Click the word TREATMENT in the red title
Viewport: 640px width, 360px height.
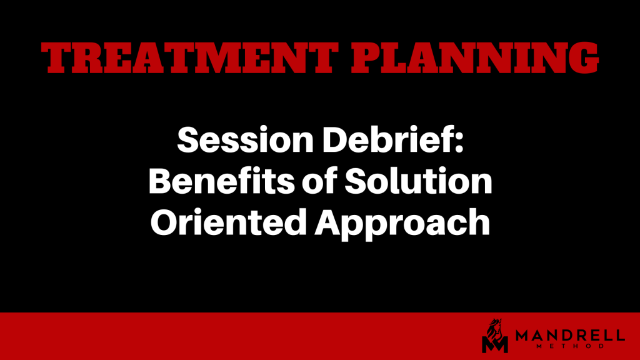189,58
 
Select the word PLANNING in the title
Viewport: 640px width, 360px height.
475,58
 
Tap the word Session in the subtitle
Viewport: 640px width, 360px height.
245,140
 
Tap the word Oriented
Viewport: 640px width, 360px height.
229,222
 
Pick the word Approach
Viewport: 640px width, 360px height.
402,224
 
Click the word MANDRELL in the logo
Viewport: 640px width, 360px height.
570,336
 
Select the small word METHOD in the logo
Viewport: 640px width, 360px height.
570,346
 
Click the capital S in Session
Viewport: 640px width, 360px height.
187,140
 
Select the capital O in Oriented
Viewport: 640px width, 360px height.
165,222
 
